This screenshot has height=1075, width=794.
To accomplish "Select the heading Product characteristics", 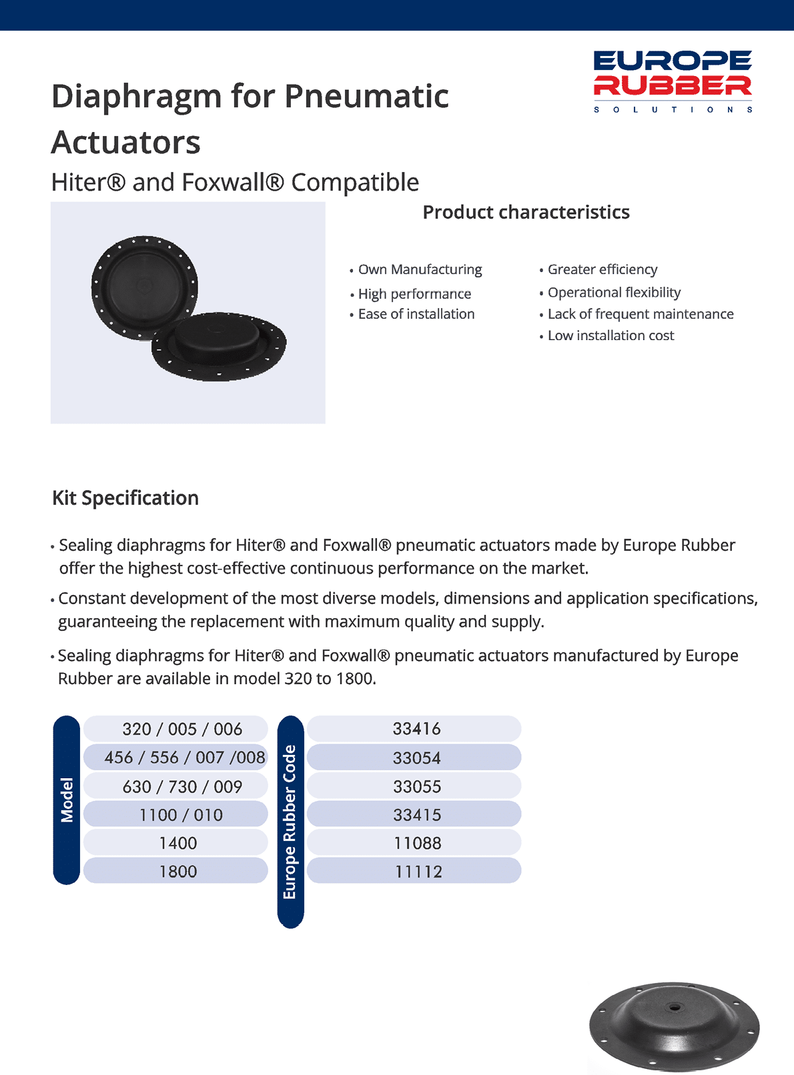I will [526, 212].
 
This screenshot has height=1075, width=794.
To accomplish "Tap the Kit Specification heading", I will [125, 498].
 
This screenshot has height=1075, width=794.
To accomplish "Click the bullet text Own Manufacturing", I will [420, 269].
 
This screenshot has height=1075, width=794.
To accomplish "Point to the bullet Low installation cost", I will [611, 335].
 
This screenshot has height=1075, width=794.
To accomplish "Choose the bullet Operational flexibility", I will [614, 292].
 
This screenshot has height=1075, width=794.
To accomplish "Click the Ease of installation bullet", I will [416, 314].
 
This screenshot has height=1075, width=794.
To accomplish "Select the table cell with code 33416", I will [416, 729].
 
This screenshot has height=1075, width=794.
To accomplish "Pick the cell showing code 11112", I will [418, 872].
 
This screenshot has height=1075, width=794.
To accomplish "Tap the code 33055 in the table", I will [417, 787].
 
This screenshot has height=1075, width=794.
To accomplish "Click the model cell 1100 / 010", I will [181, 815].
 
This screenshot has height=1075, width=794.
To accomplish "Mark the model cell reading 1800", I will [178, 872].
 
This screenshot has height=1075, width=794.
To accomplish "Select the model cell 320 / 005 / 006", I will [182, 729].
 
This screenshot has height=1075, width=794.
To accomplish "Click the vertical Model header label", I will [67, 800].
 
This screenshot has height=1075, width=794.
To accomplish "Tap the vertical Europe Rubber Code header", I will [290, 822].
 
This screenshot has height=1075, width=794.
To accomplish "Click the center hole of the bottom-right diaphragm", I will [675, 1007].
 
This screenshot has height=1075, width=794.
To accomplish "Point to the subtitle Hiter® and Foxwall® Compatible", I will [235, 182].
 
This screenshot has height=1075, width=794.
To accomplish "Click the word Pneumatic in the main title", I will [366, 96].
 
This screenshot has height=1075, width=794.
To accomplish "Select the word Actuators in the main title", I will [126, 142].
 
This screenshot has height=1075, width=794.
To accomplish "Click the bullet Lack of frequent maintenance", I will [640, 314].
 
